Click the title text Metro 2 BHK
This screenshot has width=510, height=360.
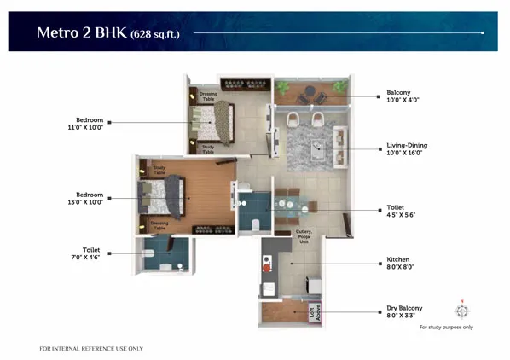click(81, 34)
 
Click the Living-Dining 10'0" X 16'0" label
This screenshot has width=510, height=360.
click(406, 149)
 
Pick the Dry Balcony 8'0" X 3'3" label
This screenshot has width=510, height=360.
click(404, 311)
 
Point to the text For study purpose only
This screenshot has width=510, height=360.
click(445, 328)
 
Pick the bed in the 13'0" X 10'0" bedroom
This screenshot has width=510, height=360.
click(167, 195)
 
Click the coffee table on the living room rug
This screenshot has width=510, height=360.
click(317, 146)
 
